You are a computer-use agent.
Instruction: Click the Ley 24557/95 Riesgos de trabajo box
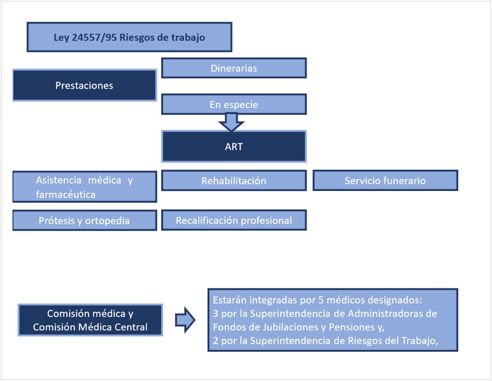(x=129, y=37)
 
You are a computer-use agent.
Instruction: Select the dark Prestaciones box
(x=84, y=85)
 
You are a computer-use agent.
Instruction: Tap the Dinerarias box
(x=233, y=68)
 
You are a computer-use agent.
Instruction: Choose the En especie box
(x=233, y=104)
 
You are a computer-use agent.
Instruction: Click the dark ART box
(x=233, y=146)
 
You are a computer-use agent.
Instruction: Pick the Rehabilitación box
(x=233, y=180)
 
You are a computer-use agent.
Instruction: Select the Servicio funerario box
(x=385, y=180)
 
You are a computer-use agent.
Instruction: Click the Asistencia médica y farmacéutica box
(x=84, y=187)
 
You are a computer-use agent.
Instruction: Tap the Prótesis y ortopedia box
(x=84, y=221)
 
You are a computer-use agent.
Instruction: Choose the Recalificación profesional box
(x=233, y=221)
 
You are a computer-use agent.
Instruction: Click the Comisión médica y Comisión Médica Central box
(x=90, y=320)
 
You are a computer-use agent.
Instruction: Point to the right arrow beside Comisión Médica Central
(x=185, y=320)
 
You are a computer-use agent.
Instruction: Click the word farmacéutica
(x=66, y=194)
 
